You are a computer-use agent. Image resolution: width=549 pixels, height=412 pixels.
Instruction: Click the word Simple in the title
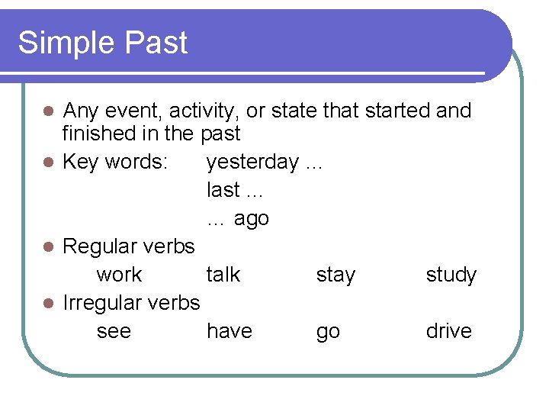pos(66,43)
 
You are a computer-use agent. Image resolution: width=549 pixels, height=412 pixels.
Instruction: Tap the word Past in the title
pos(156,43)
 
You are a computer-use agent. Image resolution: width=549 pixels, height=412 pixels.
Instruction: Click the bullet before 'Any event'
pos(48,111)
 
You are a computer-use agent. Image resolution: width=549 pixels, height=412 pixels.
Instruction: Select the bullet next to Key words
pos(48,163)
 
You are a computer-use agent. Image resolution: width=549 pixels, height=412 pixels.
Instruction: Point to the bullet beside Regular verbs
pos(48,246)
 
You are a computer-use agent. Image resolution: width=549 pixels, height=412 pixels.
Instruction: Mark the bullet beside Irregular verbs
pos(48,304)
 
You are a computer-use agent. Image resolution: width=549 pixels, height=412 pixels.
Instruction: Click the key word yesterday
pos(252,163)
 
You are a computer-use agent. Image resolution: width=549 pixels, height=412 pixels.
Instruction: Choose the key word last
pos(223,189)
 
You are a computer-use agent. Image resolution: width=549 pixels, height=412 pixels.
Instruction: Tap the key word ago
pos(251,220)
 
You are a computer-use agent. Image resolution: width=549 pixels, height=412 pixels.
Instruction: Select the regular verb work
pos(120,275)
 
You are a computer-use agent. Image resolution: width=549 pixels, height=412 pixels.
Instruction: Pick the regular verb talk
pos(223,274)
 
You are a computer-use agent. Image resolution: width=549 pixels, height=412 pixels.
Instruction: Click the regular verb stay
pos(335,275)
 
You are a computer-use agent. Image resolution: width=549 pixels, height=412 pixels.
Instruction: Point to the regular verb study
pos(451,275)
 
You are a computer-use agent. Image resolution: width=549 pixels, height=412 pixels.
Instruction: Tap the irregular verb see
pos(114,331)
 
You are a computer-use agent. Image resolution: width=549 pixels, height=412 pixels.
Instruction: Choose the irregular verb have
pos(230,330)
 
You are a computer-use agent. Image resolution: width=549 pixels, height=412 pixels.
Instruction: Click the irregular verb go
pos(328,333)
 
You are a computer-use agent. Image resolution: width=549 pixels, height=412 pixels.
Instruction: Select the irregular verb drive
pos(449,330)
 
